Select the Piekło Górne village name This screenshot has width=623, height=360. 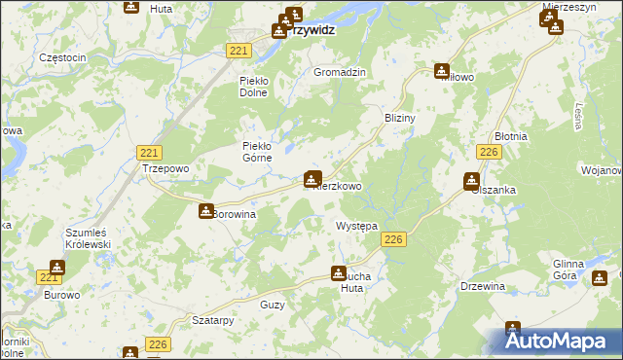click(x=262, y=153)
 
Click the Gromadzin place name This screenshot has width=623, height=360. click(x=339, y=73)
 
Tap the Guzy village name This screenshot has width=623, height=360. click(x=273, y=306)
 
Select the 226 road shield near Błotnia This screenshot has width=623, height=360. click(x=489, y=152)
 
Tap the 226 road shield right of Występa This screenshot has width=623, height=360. click(x=393, y=239)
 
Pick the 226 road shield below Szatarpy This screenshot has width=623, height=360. click(x=159, y=343)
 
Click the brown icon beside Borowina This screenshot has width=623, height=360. click(x=206, y=210)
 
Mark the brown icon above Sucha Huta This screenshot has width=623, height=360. click(x=339, y=274)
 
